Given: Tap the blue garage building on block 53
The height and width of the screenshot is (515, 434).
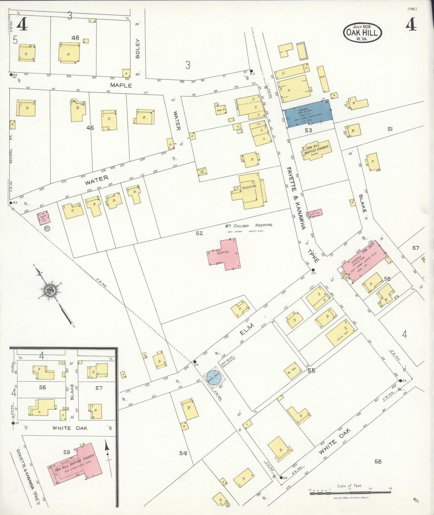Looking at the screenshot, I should point(309,114).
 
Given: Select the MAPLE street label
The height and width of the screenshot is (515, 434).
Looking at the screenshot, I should point(121,85).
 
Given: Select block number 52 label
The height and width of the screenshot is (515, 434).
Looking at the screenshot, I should point(199,233).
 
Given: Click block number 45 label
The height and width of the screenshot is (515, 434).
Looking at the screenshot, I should point(90,128).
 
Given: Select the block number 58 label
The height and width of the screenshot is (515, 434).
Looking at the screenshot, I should point(378,461).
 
